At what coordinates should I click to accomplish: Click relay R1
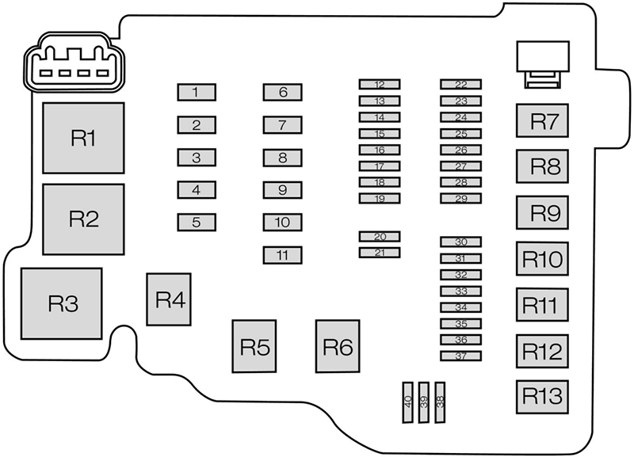pyautogui.click(x=83, y=138)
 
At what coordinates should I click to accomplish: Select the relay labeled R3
pyautogui.click(x=62, y=303)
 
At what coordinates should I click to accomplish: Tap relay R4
pyautogui.click(x=169, y=299)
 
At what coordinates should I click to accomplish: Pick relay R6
pyautogui.click(x=337, y=346)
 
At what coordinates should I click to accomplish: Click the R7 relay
pyautogui.click(x=544, y=121)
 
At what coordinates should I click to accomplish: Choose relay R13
pyautogui.click(x=544, y=394)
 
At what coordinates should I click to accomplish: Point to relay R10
pyautogui.click(x=544, y=258)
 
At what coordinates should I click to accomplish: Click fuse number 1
pyautogui.click(x=196, y=93)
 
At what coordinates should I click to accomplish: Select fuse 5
pyautogui.click(x=196, y=223)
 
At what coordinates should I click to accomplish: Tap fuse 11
pyautogui.click(x=283, y=255)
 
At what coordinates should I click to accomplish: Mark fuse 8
pyautogui.click(x=283, y=158)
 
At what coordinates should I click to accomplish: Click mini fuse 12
pyautogui.click(x=380, y=84)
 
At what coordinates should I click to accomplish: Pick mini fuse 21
pyautogui.click(x=380, y=252)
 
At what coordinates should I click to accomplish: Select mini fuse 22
pyautogui.click(x=461, y=84)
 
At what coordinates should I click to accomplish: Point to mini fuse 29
pyautogui.click(x=461, y=198)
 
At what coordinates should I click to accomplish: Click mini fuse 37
pyautogui.click(x=461, y=356)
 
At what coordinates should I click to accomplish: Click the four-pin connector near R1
pyautogui.click(x=69, y=67)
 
